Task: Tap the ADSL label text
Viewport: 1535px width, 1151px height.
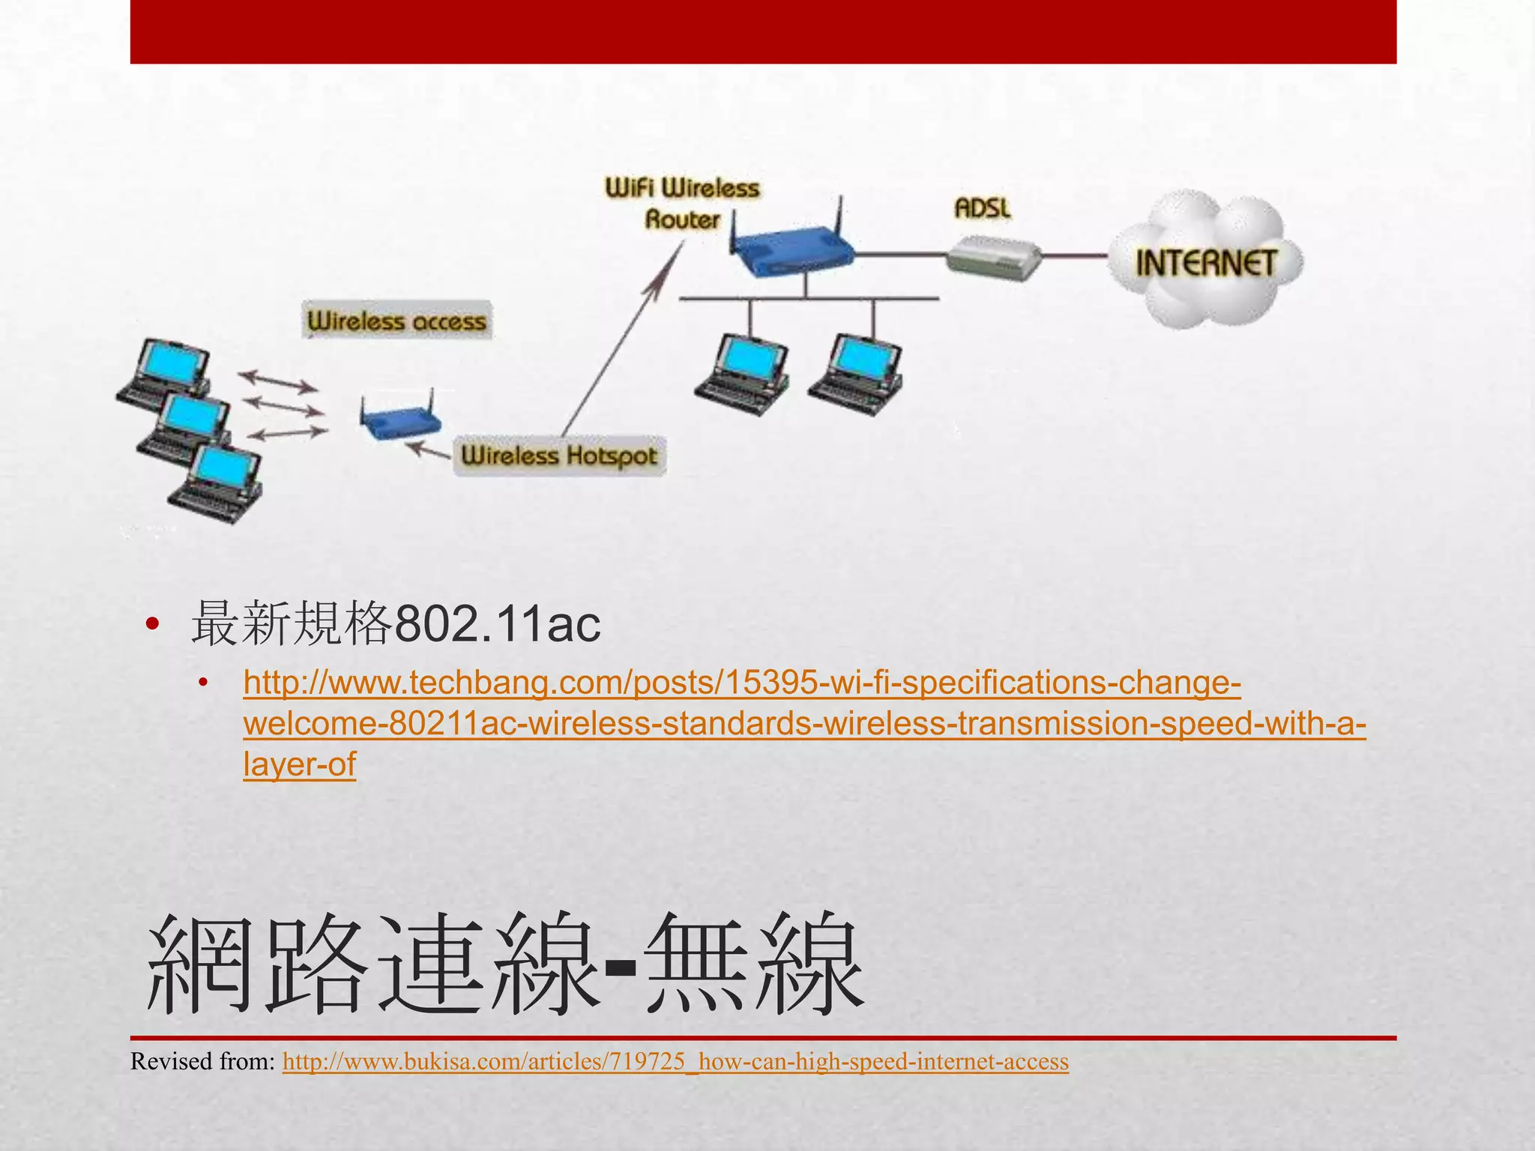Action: pos(982,208)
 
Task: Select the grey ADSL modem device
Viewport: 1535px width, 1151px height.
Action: pos(994,258)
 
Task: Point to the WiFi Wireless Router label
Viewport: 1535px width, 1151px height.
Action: pos(682,203)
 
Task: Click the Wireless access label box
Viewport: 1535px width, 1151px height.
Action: pos(397,321)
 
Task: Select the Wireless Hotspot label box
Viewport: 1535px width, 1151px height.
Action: pos(559,456)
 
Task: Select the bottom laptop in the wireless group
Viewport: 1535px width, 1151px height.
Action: pos(217,483)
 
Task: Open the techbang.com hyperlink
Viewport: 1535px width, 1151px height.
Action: pos(802,723)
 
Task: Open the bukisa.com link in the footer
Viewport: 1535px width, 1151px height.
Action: pos(675,1062)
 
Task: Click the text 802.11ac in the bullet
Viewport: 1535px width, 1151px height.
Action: pos(497,624)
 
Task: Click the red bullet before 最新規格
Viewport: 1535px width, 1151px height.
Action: pos(153,623)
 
